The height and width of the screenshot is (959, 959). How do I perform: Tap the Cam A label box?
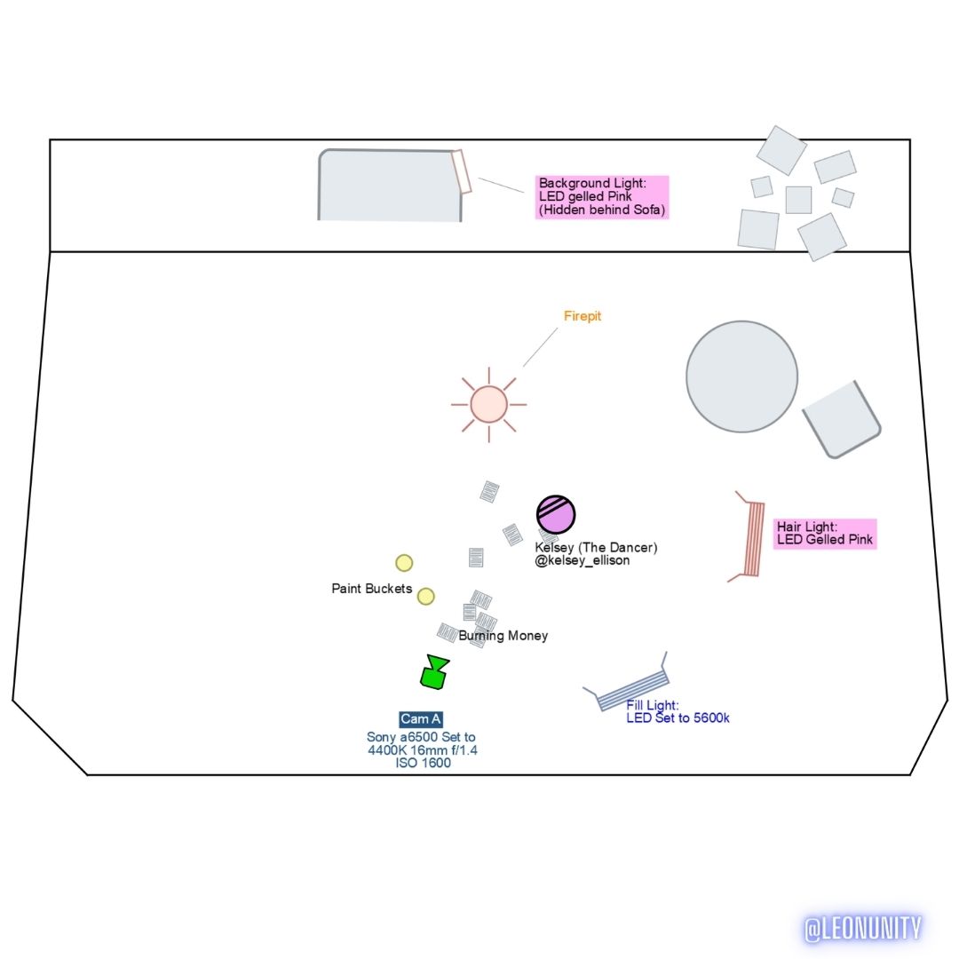pyautogui.click(x=421, y=719)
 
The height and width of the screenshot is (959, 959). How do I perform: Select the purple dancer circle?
pyautogui.click(x=556, y=515)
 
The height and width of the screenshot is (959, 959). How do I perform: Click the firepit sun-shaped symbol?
pyautogui.click(x=488, y=404)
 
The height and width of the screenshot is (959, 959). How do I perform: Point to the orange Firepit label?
pyautogui.click(x=583, y=316)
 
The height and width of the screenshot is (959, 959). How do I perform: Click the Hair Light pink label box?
pyautogui.click(x=824, y=534)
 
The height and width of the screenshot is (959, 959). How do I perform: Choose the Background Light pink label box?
pyautogui.click(x=602, y=196)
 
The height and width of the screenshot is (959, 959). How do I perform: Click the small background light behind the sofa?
pyautogui.click(x=461, y=171)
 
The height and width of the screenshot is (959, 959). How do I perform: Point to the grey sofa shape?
pyautogui.click(x=389, y=186)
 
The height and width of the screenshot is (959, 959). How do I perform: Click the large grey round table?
pyautogui.click(x=741, y=376)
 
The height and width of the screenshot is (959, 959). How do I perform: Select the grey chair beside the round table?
pyautogui.click(x=841, y=419)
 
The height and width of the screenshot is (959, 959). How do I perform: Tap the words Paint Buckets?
pyautogui.click(x=371, y=589)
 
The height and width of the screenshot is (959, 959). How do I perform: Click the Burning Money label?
pyautogui.click(x=503, y=636)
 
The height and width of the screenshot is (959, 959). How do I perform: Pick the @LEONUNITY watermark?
pyautogui.click(x=862, y=929)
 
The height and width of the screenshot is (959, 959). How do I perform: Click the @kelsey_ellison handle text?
pyautogui.click(x=582, y=560)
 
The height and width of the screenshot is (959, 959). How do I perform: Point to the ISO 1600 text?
pyautogui.click(x=423, y=763)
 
